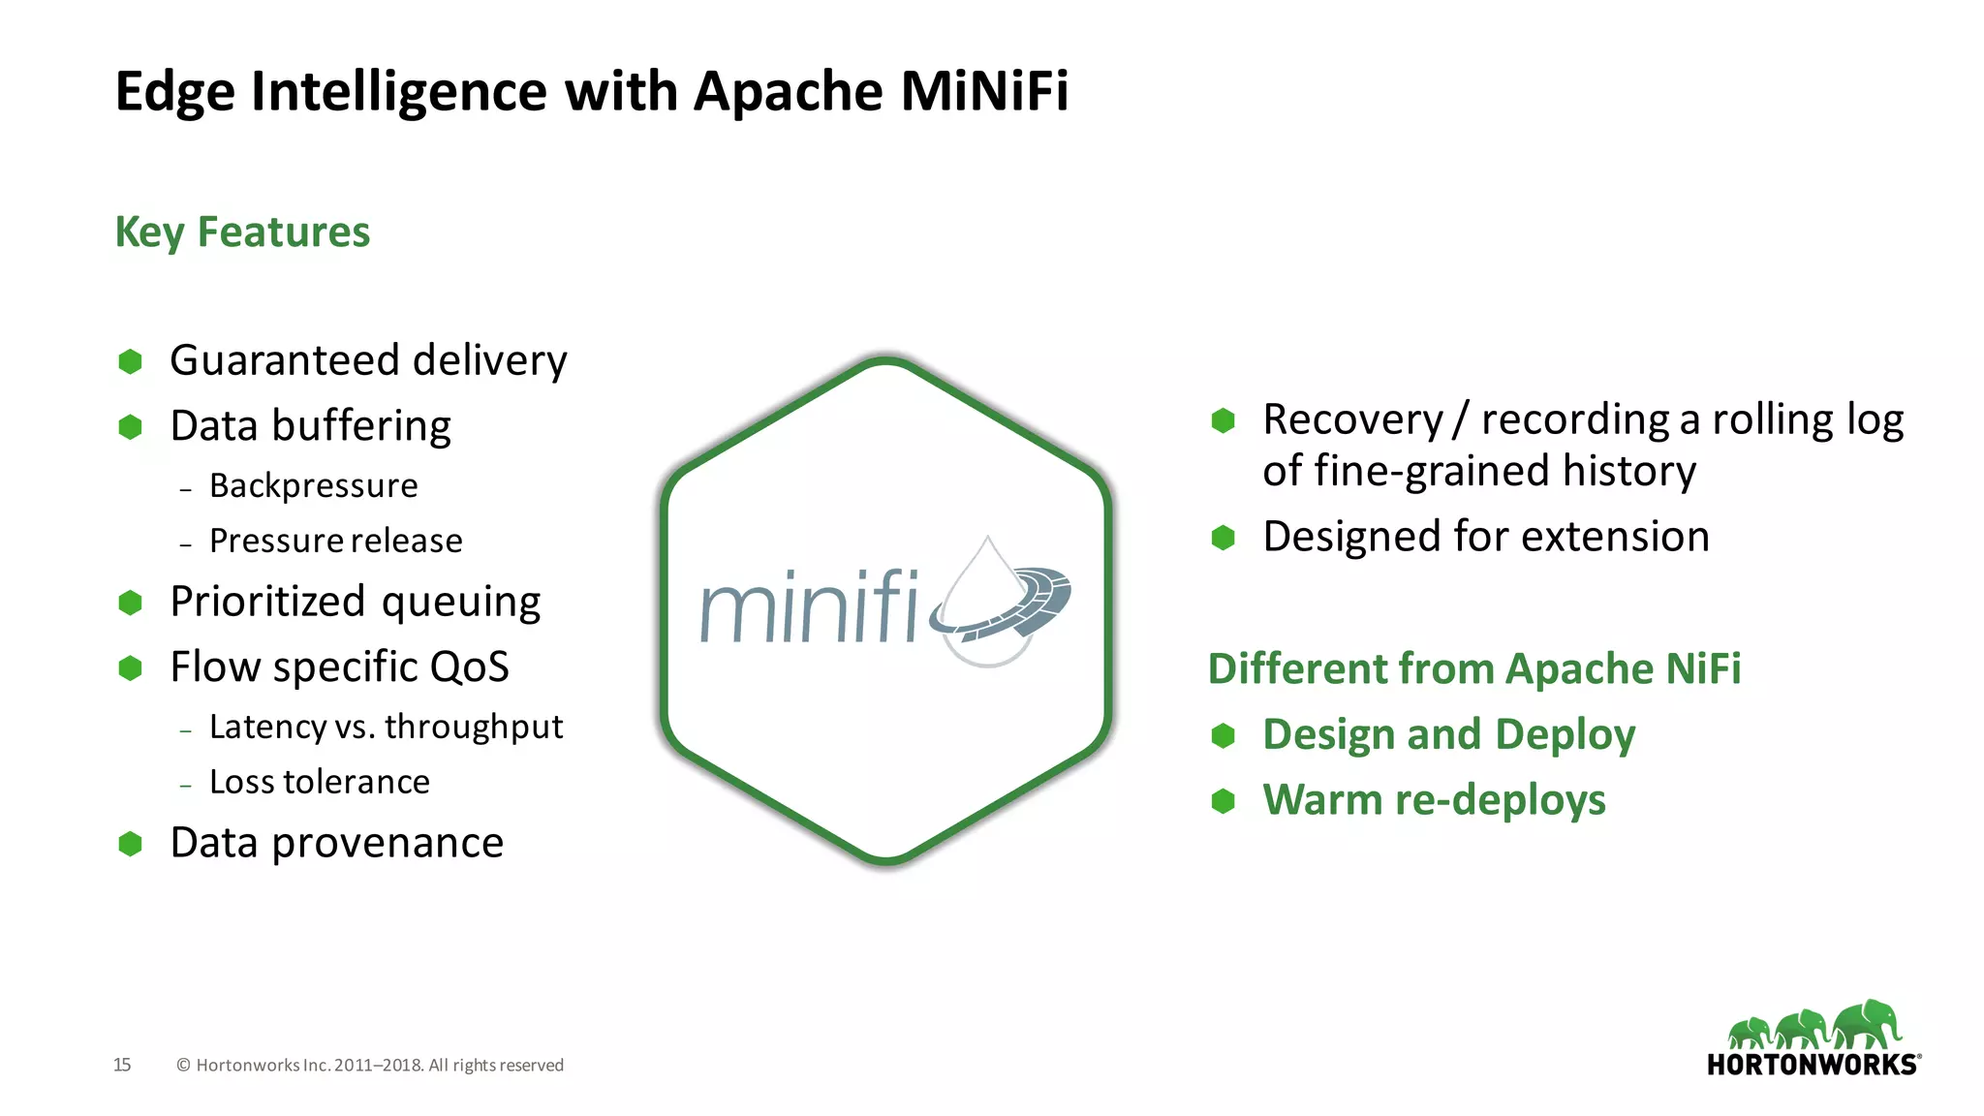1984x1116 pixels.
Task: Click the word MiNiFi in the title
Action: pos(984,91)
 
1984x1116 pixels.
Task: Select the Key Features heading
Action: pos(242,232)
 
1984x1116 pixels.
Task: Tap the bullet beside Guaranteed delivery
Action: pos(130,361)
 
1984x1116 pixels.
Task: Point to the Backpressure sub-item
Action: pos(313,485)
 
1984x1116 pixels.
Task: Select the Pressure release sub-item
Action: pos(335,541)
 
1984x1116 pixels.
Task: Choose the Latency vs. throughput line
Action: pos(386,727)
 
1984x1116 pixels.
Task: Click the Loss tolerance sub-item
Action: pos(319,782)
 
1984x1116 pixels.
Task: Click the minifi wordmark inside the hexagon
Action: pos(809,607)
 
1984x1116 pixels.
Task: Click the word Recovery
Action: pos(1352,420)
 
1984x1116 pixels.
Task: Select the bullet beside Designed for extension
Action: pos(1223,538)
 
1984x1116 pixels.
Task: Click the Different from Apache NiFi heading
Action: pos(1473,669)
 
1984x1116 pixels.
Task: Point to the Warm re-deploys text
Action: pos(1434,800)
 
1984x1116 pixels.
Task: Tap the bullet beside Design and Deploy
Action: pos(1223,736)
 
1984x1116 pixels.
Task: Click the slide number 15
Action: pos(122,1065)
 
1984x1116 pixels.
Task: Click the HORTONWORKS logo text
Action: pos(1812,1065)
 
